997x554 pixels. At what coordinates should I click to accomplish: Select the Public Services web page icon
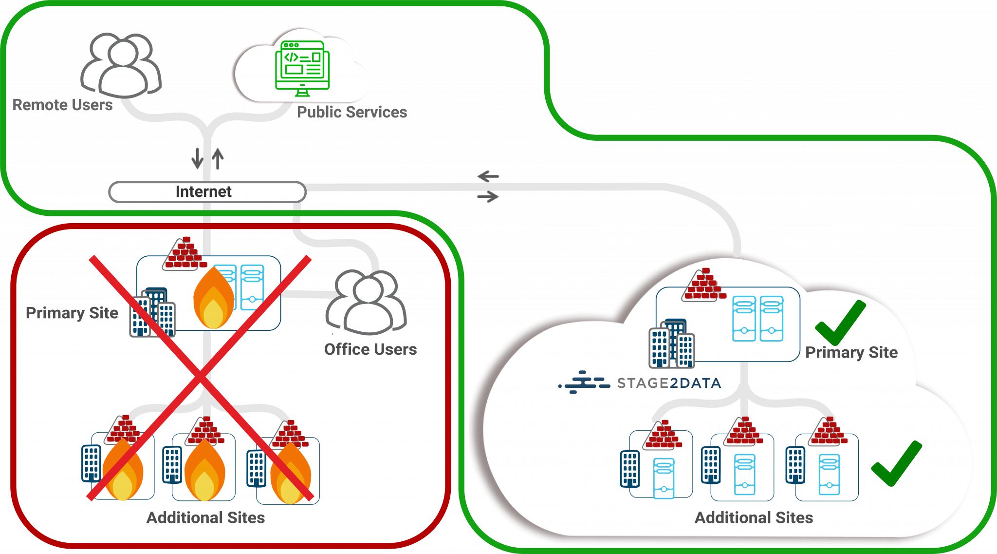[x=302, y=65]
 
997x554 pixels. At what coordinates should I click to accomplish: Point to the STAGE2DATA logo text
[x=669, y=383]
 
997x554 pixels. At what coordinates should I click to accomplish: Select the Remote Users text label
[x=63, y=105]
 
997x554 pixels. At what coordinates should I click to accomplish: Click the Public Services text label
[x=351, y=113]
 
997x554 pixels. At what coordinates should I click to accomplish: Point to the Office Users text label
[x=370, y=349]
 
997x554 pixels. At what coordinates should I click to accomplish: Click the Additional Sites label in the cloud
[x=754, y=517]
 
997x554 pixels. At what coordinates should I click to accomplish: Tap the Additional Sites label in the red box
[x=205, y=517]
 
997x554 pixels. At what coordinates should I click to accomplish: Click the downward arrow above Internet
[x=197, y=157]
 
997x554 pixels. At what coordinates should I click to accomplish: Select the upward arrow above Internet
[x=218, y=158]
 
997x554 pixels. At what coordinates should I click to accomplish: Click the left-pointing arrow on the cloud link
[x=488, y=176]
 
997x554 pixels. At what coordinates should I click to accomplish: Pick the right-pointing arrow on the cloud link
[x=488, y=197]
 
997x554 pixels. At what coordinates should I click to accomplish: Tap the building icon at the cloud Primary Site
[x=671, y=344]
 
